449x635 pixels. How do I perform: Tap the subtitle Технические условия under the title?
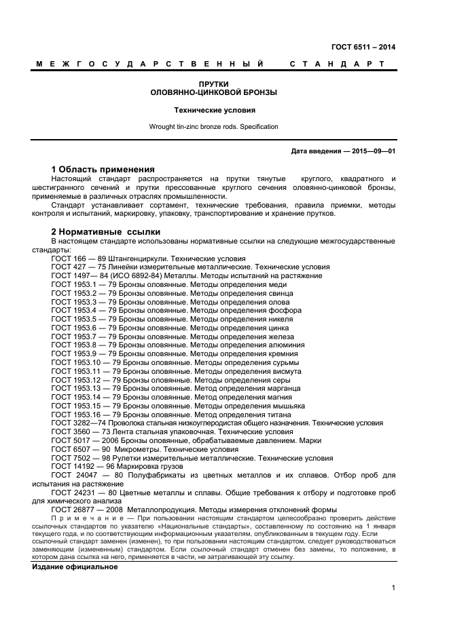[x=214, y=109]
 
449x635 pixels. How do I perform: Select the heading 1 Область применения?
[x=103, y=169]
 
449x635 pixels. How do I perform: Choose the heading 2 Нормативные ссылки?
[x=106, y=232]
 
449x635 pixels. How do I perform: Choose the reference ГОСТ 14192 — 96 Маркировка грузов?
[x=122, y=466]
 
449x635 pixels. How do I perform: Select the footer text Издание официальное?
[x=75, y=566]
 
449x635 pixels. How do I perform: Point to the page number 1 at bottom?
[x=393, y=588]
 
